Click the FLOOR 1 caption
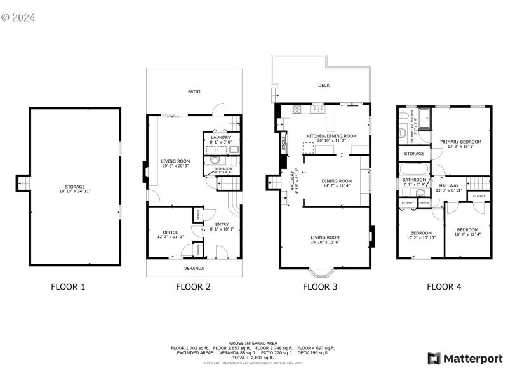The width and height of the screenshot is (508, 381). tap(68, 287)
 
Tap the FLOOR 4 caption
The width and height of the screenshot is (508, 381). tap(444, 287)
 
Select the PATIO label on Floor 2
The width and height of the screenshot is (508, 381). tap(194, 92)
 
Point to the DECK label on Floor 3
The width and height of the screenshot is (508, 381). tap(324, 86)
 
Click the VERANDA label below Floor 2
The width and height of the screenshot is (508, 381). tap(194, 269)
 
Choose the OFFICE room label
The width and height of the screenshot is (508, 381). tap(170, 232)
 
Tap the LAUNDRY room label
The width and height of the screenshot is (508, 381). tap(221, 137)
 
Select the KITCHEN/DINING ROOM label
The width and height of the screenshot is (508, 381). tap(331, 136)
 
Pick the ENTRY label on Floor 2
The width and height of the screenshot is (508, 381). tap(222, 224)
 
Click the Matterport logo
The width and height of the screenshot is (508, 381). tap(464, 359)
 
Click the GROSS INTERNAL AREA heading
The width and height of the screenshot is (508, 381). tap(253, 342)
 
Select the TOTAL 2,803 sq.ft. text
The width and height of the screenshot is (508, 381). tap(253, 358)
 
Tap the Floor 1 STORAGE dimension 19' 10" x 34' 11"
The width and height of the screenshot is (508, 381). tap(75, 191)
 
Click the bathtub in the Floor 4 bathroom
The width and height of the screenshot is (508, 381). tap(413, 170)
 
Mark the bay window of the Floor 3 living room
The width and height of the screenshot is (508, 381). tap(324, 274)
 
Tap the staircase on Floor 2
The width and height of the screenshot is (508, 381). tap(229, 184)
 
